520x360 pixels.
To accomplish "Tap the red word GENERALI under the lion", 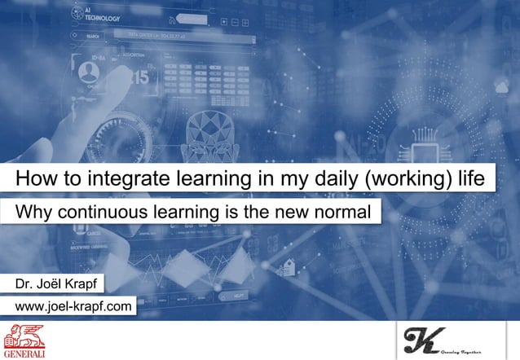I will [24, 353].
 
